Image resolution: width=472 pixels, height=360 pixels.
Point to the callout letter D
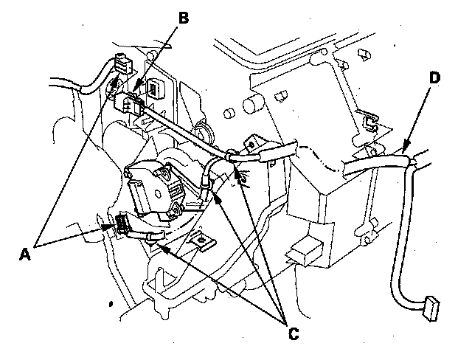tap(434, 77)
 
